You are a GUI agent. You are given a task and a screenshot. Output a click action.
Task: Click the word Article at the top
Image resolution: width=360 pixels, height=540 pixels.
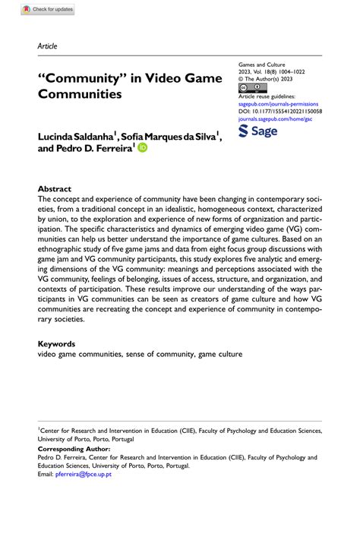(x=47, y=46)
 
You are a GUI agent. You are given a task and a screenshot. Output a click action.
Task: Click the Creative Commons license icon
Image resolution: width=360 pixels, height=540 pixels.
(x=249, y=88)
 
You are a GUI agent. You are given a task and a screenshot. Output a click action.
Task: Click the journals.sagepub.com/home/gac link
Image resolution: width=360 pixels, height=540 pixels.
(x=273, y=118)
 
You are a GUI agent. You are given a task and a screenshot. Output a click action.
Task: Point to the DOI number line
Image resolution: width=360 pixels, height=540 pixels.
(x=280, y=111)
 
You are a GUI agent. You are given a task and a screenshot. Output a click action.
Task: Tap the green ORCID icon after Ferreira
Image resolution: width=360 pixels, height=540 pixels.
(x=142, y=148)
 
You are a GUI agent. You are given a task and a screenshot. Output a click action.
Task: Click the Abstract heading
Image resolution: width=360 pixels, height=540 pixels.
(x=55, y=189)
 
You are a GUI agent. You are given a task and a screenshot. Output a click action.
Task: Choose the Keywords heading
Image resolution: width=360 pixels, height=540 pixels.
(x=57, y=344)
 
